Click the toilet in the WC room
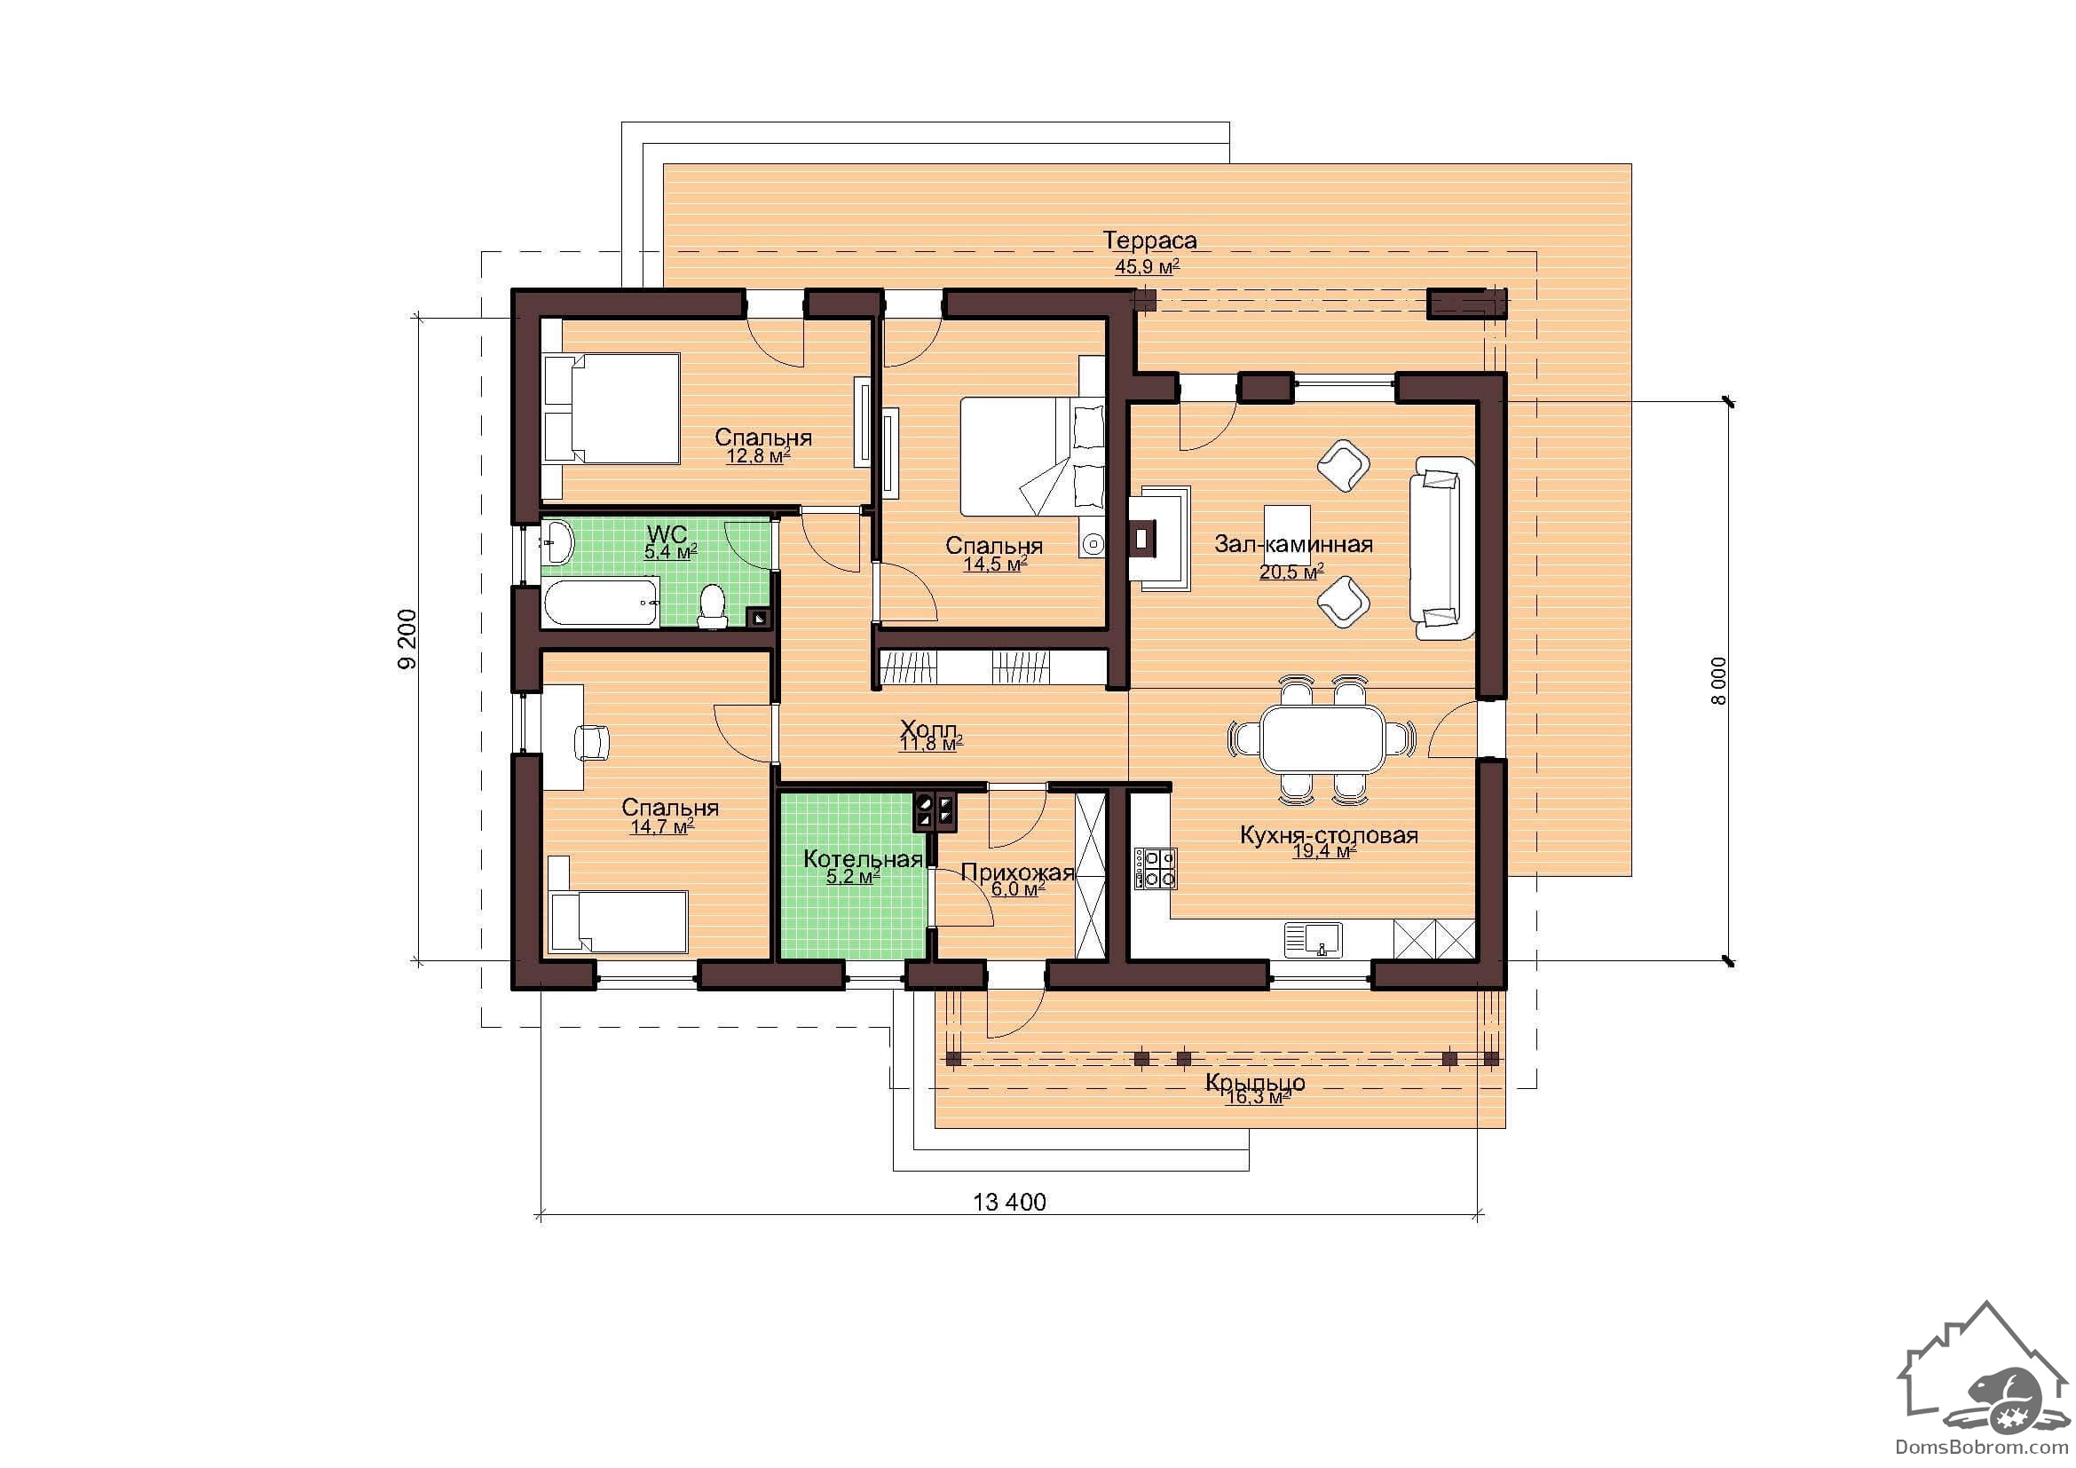[713, 605]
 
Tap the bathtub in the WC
[599, 604]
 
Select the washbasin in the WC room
[557, 542]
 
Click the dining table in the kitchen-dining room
[1322, 738]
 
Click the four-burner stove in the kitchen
[1156, 869]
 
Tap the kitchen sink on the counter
[1314, 940]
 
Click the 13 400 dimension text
[1009, 1203]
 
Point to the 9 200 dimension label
[407, 639]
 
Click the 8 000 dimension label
[1719, 682]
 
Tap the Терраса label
[1149, 241]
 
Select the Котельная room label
[863, 859]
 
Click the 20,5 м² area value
[1292, 572]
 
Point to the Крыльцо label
[1255, 1083]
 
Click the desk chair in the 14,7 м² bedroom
[592, 742]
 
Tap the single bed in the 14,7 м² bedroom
[618, 920]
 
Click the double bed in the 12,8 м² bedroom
[612, 408]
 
